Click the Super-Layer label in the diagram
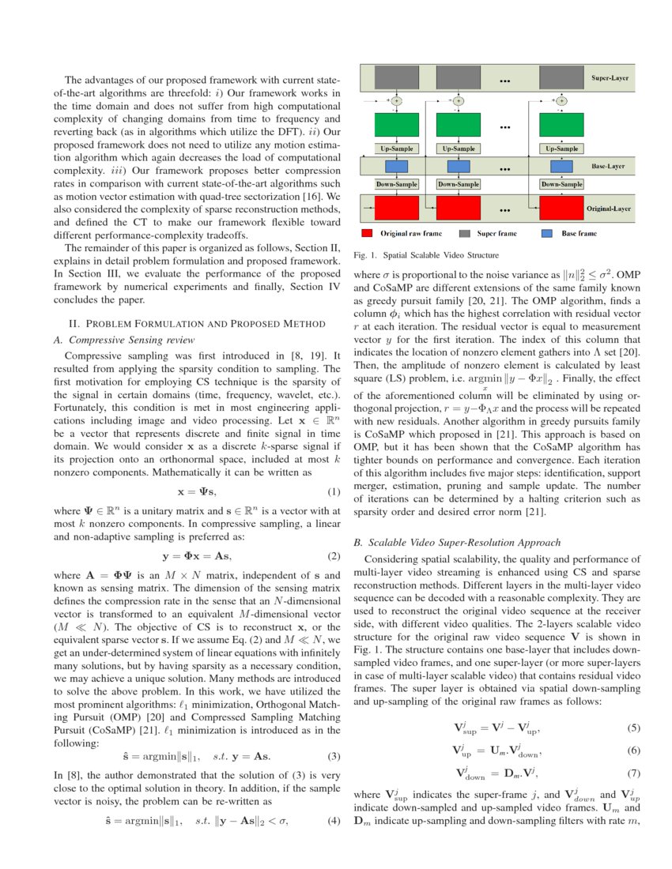(609, 79)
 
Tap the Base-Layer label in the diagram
(610, 167)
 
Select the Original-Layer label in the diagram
(606, 209)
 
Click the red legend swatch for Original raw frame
(368, 234)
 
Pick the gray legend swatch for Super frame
(465, 234)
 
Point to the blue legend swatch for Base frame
(546, 234)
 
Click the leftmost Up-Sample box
(395, 149)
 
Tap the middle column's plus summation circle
(459, 100)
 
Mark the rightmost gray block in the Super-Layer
(561, 77)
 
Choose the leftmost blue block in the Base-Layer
(395, 167)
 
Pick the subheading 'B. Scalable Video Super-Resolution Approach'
(458, 543)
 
